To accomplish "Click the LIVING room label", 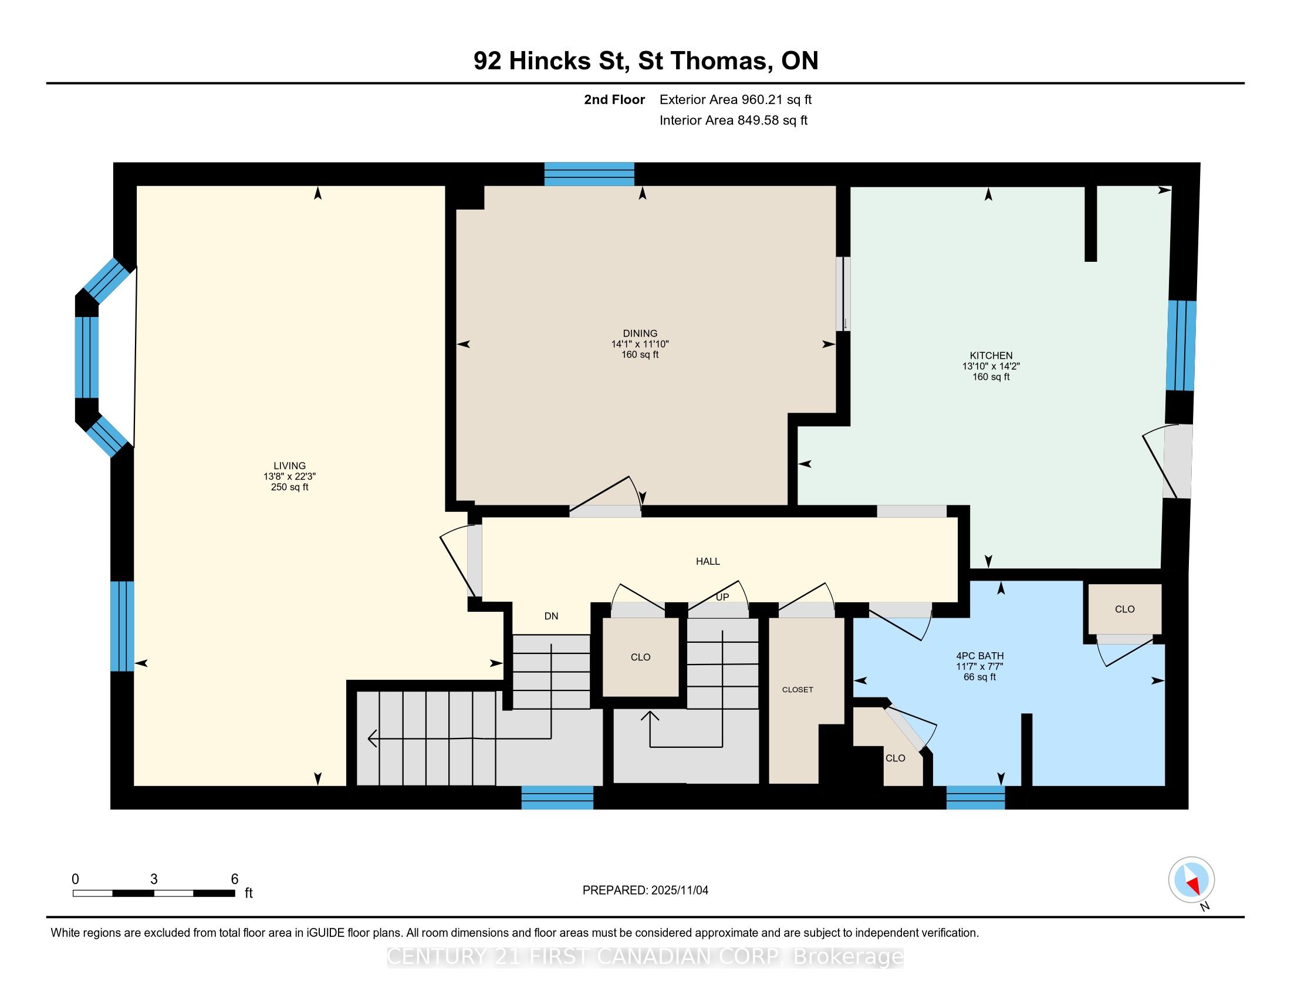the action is click(290, 466).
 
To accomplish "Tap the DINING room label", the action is click(640, 333).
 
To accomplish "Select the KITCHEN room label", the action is click(991, 355).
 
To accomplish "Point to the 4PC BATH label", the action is click(979, 656).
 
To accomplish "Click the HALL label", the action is click(708, 561).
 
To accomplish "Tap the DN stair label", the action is click(551, 616).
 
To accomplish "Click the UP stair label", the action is click(722, 597).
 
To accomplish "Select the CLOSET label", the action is click(797, 689).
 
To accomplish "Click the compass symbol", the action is click(1191, 879).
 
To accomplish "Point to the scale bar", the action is click(154, 893).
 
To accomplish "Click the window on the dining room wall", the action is click(589, 174).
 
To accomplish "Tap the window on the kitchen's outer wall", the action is click(1181, 346).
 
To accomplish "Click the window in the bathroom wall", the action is click(975, 797).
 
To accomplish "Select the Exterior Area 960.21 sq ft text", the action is click(735, 99).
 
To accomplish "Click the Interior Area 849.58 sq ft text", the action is click(733, 120).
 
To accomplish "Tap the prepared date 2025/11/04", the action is click(678, 891).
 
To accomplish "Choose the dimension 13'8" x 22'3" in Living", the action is click(290, 477).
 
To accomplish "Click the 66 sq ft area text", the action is click(979, 677).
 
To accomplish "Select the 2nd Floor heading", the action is click(614, 99).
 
